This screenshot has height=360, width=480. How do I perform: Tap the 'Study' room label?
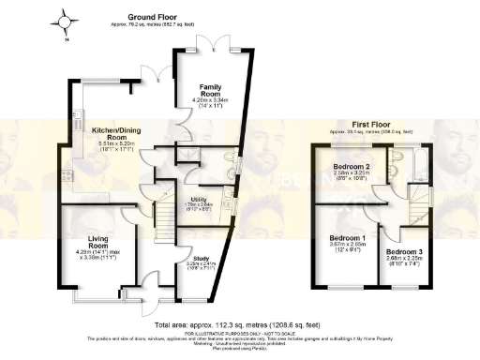[200, 259]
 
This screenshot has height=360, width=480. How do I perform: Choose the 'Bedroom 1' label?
[349, 241]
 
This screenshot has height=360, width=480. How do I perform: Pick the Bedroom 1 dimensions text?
[348, 250]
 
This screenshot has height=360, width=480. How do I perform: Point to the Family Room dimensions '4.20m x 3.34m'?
[210, 100]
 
